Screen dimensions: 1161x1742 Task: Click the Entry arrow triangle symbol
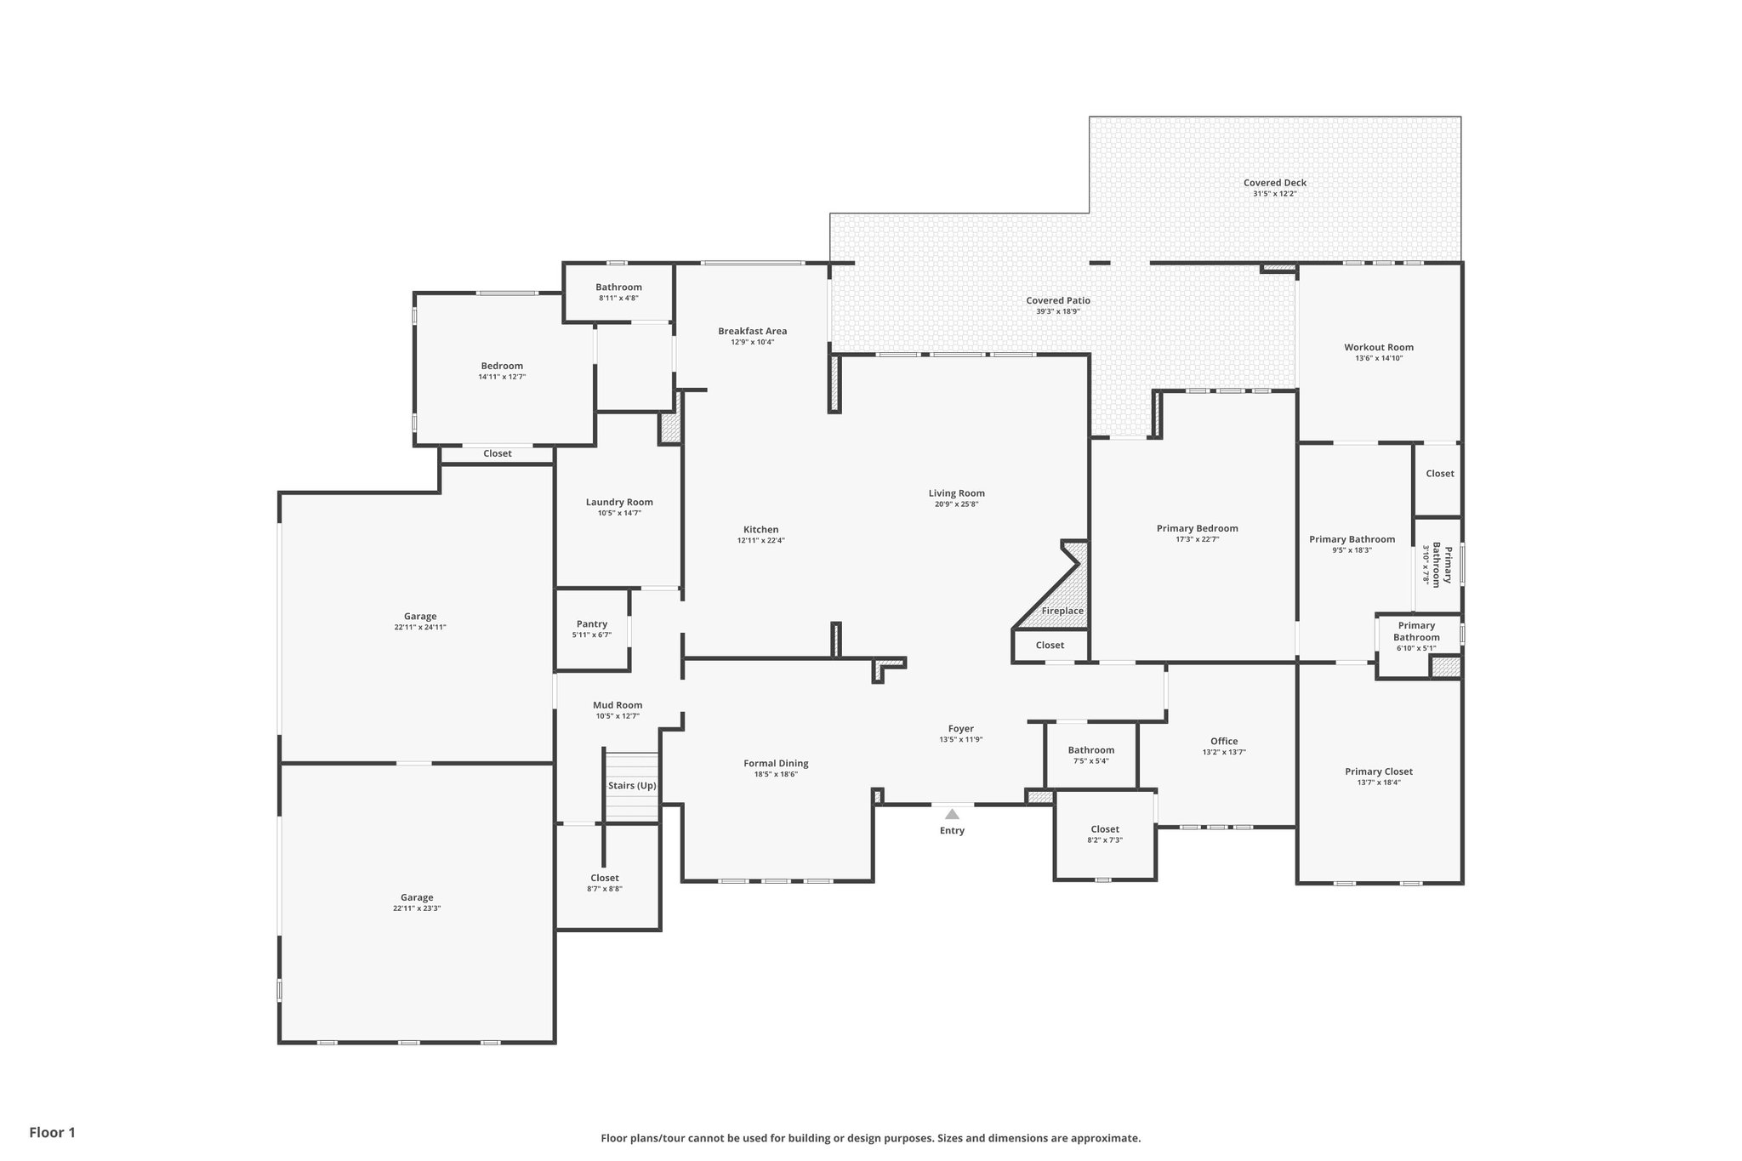click(x=952, y=814)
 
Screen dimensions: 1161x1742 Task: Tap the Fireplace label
click(x=1062, y=611)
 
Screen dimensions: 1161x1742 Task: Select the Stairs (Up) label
click(x=632, y=786)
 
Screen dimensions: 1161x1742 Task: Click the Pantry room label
click(x=592, y=624)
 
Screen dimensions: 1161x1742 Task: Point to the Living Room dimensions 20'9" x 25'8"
click(x=956, y=504)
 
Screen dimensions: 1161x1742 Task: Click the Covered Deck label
click(x=1274, y=183)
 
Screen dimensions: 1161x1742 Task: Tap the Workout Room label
click(x=1379, y=347)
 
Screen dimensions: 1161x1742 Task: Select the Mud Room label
click(x=618, y=705)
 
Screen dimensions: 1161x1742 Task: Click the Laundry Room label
click(x=619, y=502)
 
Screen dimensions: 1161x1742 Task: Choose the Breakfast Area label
click(x=752, y=331)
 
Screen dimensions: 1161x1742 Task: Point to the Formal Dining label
click(x=776, y=763)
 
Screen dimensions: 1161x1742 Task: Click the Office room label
click(x=1224, y=741)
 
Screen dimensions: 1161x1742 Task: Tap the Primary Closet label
click(x=1379, y=771)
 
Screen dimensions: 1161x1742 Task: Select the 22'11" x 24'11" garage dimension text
click(x=420, y=628)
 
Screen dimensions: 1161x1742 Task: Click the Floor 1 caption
click(x=53, y=1132)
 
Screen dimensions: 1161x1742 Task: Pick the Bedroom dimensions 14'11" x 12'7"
click(x=502, y=377)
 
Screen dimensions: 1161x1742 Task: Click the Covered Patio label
click(x=1057, y=300)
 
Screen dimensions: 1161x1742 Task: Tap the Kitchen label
click(x=760, y=529)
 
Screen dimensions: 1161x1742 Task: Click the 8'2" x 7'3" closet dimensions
click(x=1105, y=840)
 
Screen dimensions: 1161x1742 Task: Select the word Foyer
click(x=961, y=728)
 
